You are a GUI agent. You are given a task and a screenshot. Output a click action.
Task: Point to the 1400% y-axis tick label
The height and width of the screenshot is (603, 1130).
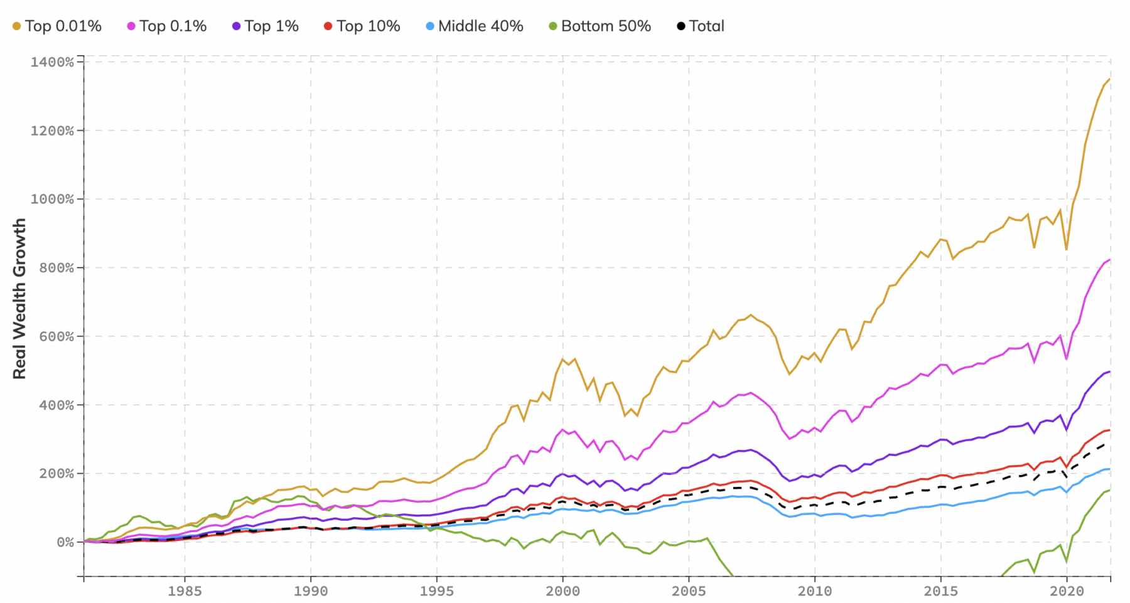52,62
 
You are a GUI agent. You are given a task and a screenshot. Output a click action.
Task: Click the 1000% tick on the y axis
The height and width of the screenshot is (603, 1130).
52,200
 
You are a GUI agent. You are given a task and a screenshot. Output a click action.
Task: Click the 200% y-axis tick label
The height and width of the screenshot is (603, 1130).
55,474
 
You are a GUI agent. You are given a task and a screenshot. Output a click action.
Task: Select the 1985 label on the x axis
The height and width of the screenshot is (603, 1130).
185,591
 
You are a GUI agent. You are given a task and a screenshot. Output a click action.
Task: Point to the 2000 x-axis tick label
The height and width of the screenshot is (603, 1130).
562,591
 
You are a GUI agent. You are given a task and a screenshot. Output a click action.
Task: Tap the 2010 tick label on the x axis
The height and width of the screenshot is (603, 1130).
815,591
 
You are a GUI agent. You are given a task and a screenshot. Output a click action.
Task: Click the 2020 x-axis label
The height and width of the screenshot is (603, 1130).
1067,591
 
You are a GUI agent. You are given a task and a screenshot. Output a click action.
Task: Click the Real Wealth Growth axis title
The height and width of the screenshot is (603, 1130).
19,299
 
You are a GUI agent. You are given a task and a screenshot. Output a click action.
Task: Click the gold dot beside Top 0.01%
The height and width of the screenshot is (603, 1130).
17,26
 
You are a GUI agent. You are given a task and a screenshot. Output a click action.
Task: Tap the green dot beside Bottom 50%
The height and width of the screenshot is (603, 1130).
553,26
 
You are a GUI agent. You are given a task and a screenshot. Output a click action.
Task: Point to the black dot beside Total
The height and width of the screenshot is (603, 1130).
681,26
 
